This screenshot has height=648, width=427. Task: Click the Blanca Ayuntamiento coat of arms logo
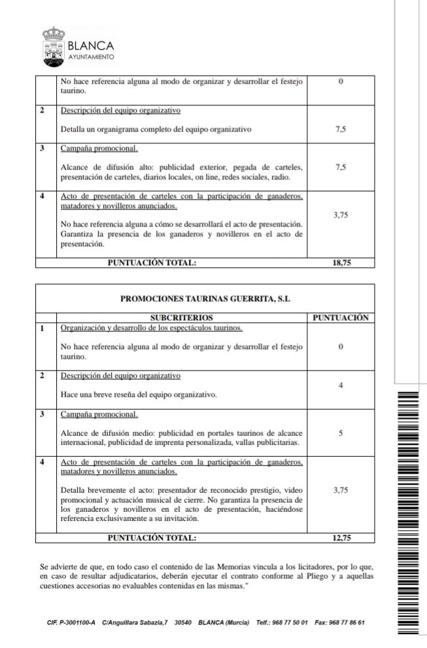tap(53, 46)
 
